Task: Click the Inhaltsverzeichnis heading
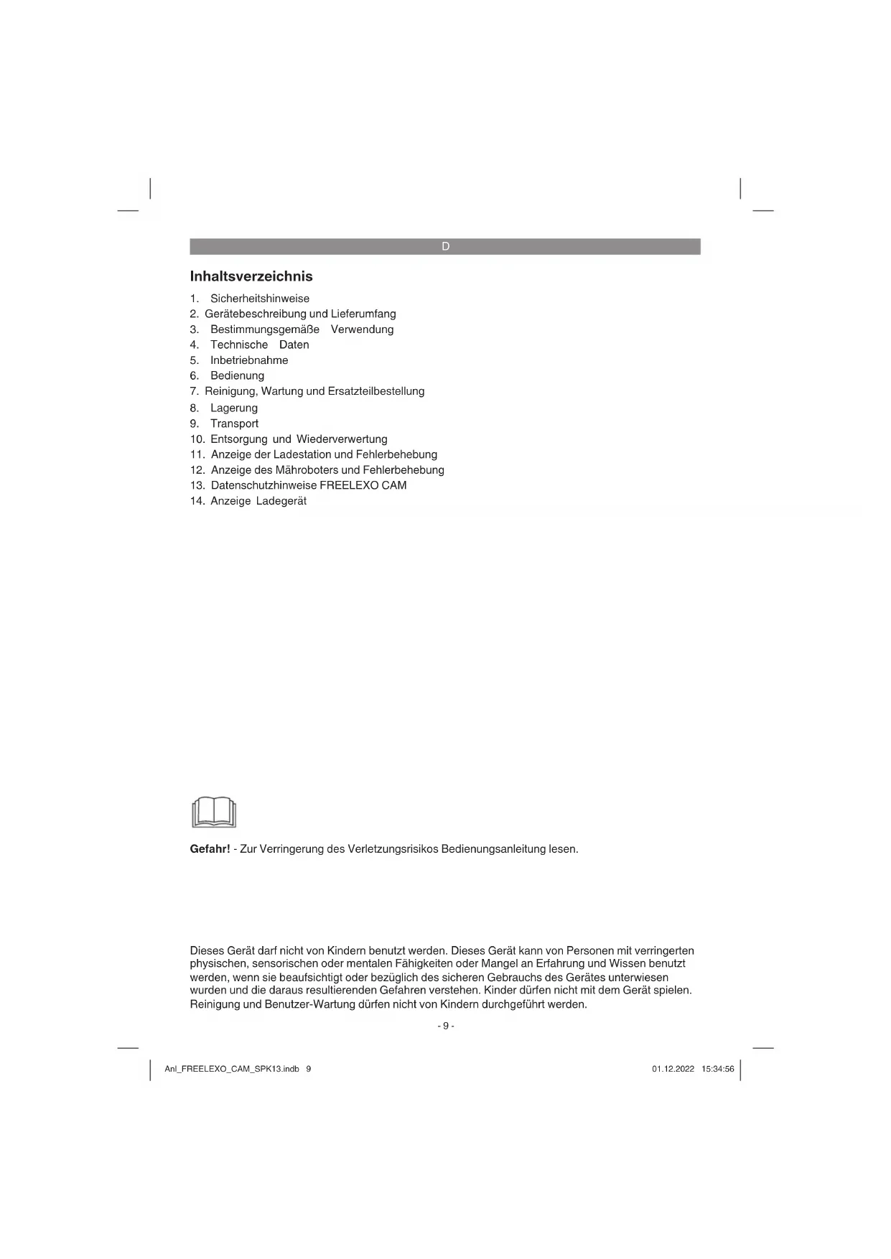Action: pyautogui.click(x=251, y=276)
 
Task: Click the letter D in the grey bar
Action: pyautogui.click(x=445, y=246)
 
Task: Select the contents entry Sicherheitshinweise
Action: pyautogui.click(x=260, y=299)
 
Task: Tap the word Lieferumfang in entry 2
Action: pyautogui.click(x=363, y=314)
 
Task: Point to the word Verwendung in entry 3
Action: pyautogui.click(x=362, y=329)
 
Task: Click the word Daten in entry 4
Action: pyautogui.click(x=294, y=345)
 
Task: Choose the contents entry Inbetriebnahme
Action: pyautogui.click(x=249, y=360)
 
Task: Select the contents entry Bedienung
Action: pyautogui.click(x=237, y=375)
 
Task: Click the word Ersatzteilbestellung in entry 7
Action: pyautogui.click(x=375, y=391)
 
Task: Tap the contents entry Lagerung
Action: pyautogui.click(x=233, y=408)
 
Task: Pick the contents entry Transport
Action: pyautogui.click(x=234, y=423)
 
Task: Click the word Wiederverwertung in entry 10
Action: pyautogui.click(x=342, y=439)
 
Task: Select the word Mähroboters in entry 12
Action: pyautogui.click(x=307, y=470)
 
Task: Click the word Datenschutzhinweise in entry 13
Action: pyautogui.click(x=263, y=485)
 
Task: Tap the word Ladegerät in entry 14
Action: pyautogui.click(x=281, y=501)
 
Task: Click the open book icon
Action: pyautogui.click(x=214, y=812)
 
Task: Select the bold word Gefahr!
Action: pyautogui.click(x=210, y=849)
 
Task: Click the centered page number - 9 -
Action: pyautogui.click(x=445, y=1026)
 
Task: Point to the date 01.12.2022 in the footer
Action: pyautogui.click(x=673, y=1069)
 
